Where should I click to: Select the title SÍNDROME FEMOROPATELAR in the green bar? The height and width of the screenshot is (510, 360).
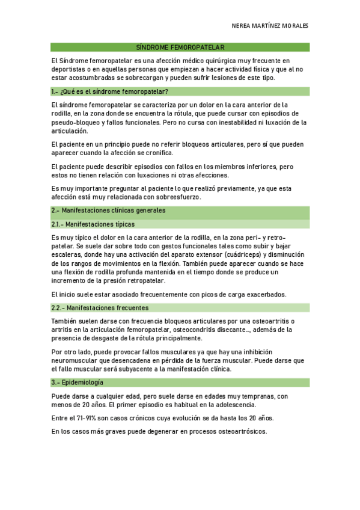click(x=180, y=47)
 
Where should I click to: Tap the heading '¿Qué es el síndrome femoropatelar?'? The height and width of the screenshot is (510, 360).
click(x=110, y=91)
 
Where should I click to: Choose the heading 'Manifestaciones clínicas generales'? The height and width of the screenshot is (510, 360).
click(x=108, y=210)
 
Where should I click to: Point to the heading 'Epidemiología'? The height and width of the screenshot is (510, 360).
click(x=78, y=382)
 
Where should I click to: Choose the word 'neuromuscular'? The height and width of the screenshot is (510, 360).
click(x=76, y=360)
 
